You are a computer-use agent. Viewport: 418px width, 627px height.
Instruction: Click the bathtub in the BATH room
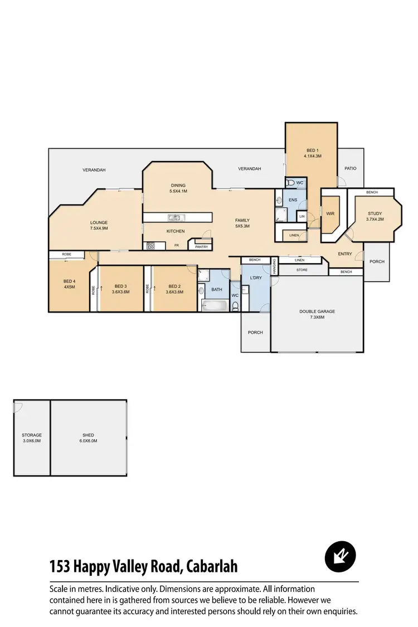(214, 305)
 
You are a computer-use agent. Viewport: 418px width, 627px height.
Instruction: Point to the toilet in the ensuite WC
(290, 182)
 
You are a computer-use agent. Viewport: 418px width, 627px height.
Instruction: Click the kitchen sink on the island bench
(174, 217)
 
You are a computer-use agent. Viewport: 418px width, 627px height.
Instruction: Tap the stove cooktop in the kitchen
(150, 245)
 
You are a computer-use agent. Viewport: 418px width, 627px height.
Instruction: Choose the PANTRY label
(201, 246)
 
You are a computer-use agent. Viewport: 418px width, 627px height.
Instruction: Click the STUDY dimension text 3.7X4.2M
(375, 219)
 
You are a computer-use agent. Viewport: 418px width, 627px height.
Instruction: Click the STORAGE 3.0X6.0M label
(32, 438)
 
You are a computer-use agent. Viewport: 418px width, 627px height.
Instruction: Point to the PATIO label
(350, 168)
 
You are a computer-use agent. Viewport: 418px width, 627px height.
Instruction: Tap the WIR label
(330, 213)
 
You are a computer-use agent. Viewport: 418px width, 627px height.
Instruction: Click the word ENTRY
(345, 254)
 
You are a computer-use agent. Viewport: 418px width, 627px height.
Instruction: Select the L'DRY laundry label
(256, 278)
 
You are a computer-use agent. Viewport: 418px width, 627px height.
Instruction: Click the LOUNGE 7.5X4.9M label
(99, 225)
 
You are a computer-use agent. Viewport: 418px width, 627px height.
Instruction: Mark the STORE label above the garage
(302, 270)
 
